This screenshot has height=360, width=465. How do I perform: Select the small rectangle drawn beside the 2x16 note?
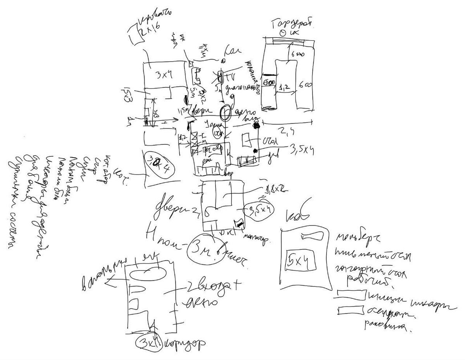134,35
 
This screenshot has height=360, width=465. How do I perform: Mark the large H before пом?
153,233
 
